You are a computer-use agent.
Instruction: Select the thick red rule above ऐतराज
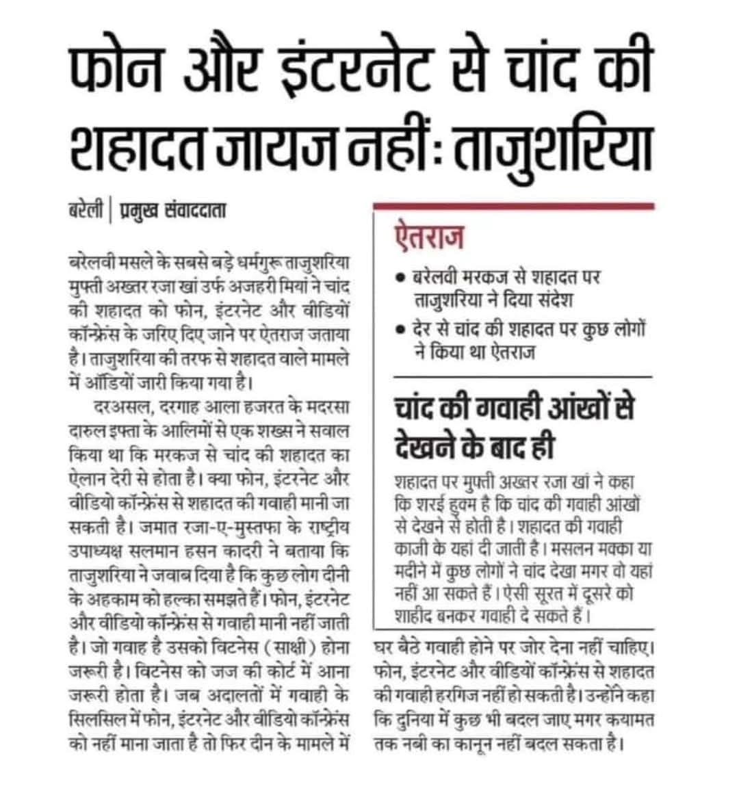click(x=513, y=206)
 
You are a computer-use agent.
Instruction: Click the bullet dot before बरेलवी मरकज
click(x=400, y=280)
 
